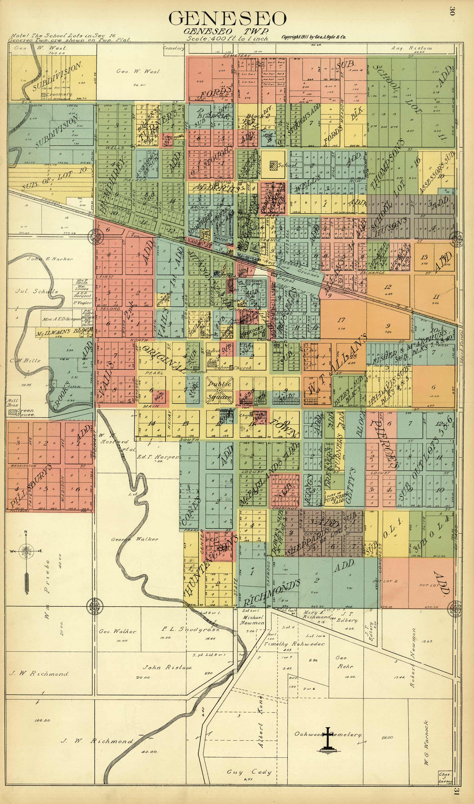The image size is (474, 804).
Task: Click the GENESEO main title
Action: pyautogui.click(x=227, y=19)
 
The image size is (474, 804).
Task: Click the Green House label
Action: pyautogui.click(x=25, y=412)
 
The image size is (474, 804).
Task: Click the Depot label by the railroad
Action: pyautogui.click(x=287, y=279)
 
